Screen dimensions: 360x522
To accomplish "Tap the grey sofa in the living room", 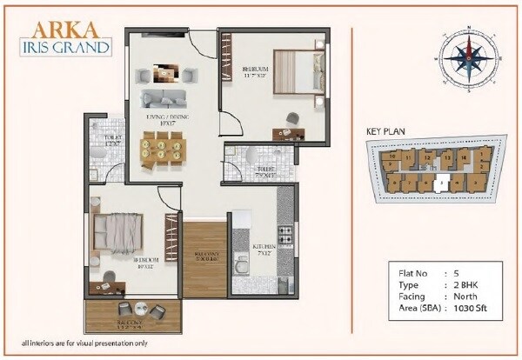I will pos(165,97).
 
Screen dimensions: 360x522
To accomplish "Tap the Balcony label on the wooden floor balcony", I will pos(205,257).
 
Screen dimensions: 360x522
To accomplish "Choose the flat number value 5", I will pos(455,273).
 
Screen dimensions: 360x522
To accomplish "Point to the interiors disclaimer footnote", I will pos(84,344).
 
